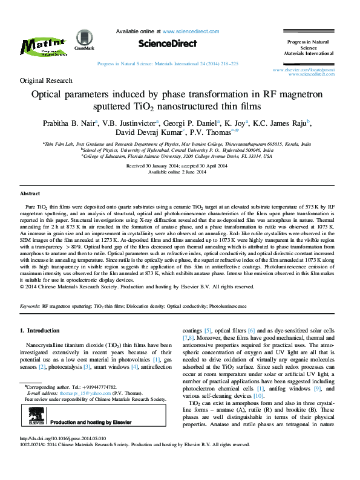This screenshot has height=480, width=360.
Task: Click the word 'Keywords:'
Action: click(x=30, y=307)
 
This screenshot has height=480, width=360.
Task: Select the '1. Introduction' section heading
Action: click(x=40, y=331)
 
